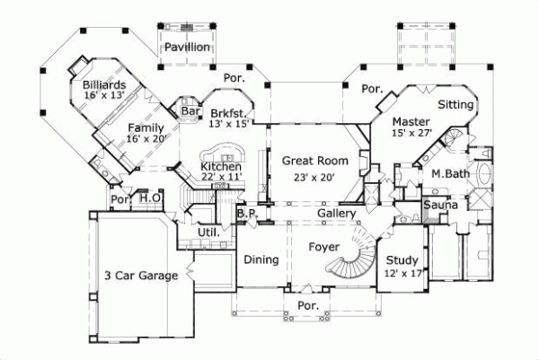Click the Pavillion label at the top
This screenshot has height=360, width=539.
click(x=187, y=47)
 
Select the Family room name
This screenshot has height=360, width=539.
click(x=146, y=127)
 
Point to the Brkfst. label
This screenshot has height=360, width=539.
click(x=228, y=114)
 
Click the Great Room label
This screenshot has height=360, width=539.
click(x=309, y=161)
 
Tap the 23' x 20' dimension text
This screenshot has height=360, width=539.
click(x=309, y=178)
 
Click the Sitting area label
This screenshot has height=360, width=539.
click(x=455, y=105)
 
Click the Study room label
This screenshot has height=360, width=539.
click(x=402, y=260)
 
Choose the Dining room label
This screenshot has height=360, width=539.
click(x=261, y=260)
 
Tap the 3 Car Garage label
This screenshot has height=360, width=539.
click(x=139, y=276)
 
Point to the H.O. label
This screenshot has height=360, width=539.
click(x=149, y=197)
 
